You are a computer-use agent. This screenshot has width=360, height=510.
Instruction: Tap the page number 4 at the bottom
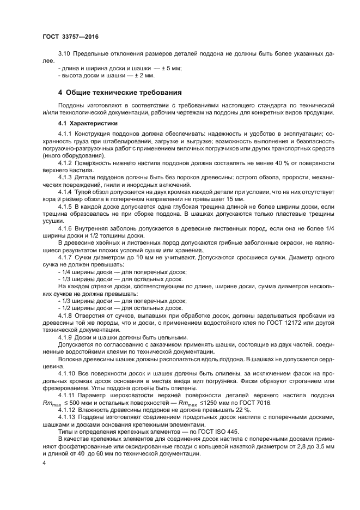pyautogui.click(x=44, y=462)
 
